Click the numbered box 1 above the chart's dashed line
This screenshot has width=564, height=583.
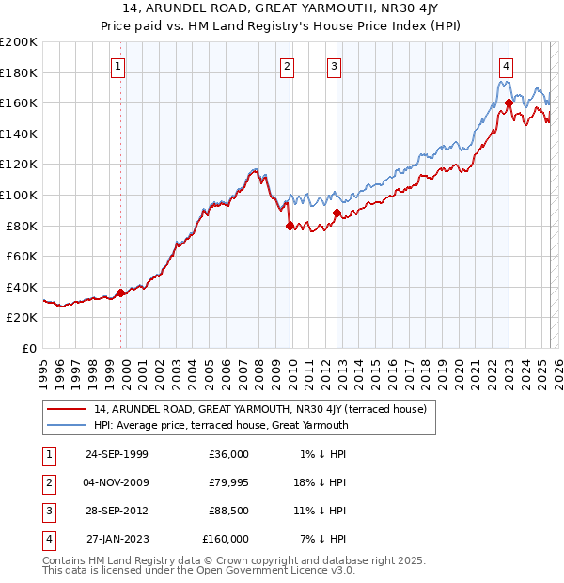point(118,66)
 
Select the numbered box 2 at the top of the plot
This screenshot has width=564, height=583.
point(286,66)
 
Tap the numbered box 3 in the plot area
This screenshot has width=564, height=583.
point(334,66)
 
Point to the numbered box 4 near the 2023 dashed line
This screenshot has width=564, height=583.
point(506,66)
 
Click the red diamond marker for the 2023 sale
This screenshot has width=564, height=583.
point(509,102)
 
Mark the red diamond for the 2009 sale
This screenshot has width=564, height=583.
point(290,226)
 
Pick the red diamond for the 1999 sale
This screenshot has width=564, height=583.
point(121,292)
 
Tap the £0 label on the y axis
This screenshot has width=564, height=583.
point(28,348)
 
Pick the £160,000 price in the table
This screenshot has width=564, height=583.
point(225,539)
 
